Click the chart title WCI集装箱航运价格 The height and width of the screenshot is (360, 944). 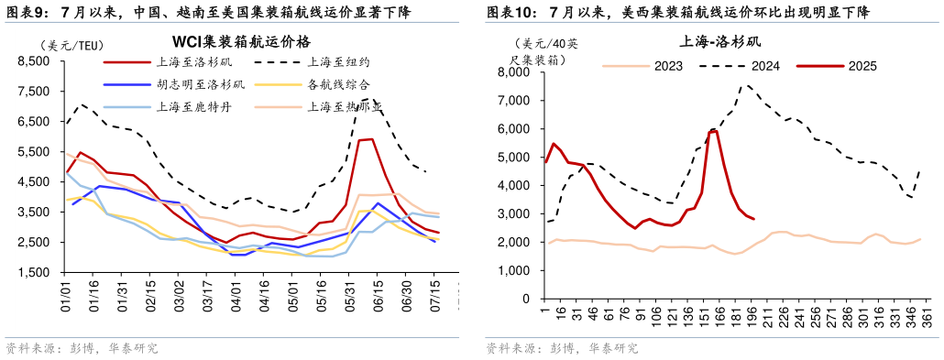click(x=242, y=41)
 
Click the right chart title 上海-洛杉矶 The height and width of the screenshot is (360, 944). click(x=719, y=41)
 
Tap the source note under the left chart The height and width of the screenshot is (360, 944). click(x=82, y=349)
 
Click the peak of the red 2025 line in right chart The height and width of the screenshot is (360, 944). click(x=714, y=130)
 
